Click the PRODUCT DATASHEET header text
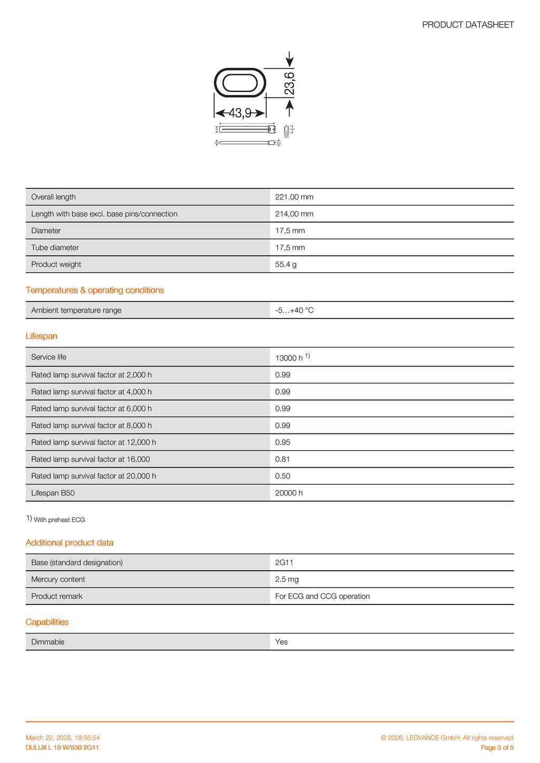[x=468, y=25]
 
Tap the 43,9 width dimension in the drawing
[x=240, y=113]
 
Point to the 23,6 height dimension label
[x=290, y=84]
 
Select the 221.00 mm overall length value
[x=294, y=197]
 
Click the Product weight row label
[x=56, y=264]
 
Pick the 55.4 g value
[x=286, y=264]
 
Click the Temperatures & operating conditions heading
[x=95, y=290]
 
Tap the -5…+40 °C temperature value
[x=294, y=310]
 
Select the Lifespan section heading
[x=41, y=336]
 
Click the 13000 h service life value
[x=289, y=358]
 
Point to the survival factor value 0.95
[x=283, y=442]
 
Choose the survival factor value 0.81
[x=283, y=459]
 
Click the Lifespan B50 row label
[x=53, y=493]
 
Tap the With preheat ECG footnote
[x=59, y=520]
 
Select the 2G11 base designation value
[x=284, y=562]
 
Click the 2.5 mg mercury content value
[x=287, y=579]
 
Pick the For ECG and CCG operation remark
[x=322, y=596]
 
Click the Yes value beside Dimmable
[x=282, y=642]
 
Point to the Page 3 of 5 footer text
[x=497, y=748]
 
